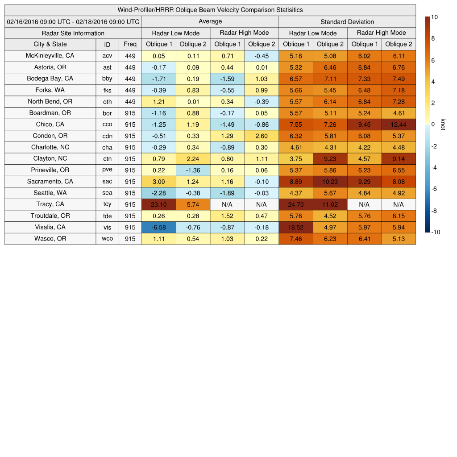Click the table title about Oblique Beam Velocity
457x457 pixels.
tap(210, 10)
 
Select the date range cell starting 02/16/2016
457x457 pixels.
tap(73, 21)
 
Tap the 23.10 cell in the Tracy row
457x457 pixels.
tap(158, 204)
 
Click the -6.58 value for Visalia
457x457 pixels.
tap(158, 227)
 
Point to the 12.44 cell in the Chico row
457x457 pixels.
tap(399, 125)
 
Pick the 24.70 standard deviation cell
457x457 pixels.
tap(296, 204)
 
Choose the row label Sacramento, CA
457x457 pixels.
tap(50, 182)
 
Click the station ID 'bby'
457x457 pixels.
tap(107, 79)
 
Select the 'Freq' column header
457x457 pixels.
tap(130, 44)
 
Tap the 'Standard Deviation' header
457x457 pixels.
tap(347, 22)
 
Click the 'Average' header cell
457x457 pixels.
tap(210, 21)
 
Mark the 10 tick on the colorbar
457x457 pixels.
tap(434, 17)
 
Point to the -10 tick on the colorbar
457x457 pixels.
tap(436, 232)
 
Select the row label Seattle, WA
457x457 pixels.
tap(50, 193)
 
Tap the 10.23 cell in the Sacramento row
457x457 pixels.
tap(330, 182)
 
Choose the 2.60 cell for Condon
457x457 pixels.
tap(262, 136)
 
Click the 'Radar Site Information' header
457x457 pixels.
tap(73, 33)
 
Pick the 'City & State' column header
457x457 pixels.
tap(50, 44)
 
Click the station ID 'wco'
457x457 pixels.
tap(107, 239)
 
